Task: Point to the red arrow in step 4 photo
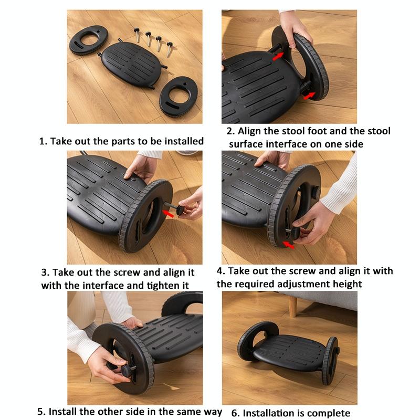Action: [x=288, y=244]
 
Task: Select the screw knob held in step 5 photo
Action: [x=126, y=371]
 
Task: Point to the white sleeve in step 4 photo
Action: [x=341, y=189]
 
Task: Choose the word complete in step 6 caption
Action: [x=329, y=413]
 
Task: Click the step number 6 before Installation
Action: [x=235, y=413]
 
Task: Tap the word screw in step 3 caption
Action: [x=128, y=272]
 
